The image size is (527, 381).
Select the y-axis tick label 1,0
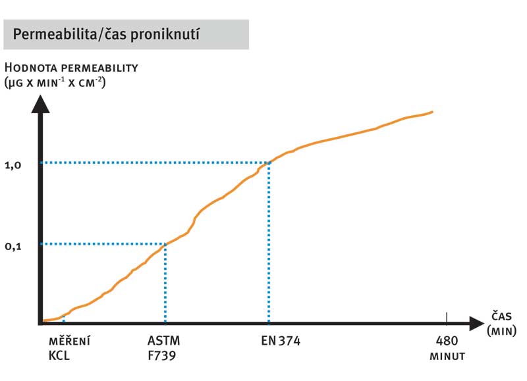click(x=14, y=166)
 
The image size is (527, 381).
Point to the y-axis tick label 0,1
click(x=14, y=247)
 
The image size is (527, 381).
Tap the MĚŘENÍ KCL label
click(x=70, y=349)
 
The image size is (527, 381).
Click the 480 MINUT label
click(x=448, y=349)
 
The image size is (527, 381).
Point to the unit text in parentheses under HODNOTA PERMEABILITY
click(x=55, y=83)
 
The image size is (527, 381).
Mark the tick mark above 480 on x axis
click(x=447, y=318)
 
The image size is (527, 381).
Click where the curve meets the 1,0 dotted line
click(x=269, y=162)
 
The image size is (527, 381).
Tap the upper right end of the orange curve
click(x=432, y=112)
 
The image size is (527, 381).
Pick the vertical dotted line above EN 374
click(x=269, y=243)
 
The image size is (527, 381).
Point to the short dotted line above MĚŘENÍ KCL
click(x=63, y=318)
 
